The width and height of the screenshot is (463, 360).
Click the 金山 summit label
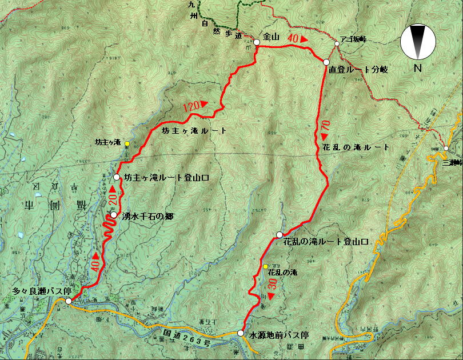(270, 38)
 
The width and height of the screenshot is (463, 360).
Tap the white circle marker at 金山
(257, 42)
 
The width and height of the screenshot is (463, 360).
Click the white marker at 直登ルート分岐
(326, 62)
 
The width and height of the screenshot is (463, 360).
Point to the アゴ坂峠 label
(353, 38)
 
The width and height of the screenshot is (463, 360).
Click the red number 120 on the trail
(194, 107)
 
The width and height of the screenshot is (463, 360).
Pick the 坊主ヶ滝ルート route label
(195, 131)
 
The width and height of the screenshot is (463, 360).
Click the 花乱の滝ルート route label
(353, 147)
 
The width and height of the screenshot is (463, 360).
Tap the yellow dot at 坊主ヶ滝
(127, 143)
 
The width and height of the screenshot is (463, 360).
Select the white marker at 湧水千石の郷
(114, 216)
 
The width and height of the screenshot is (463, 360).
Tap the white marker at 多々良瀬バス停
(69, 301)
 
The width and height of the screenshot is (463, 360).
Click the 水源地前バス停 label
(279, 335)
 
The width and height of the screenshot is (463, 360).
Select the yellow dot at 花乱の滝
(265, 266)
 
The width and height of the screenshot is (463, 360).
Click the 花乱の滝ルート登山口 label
(326, 242)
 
